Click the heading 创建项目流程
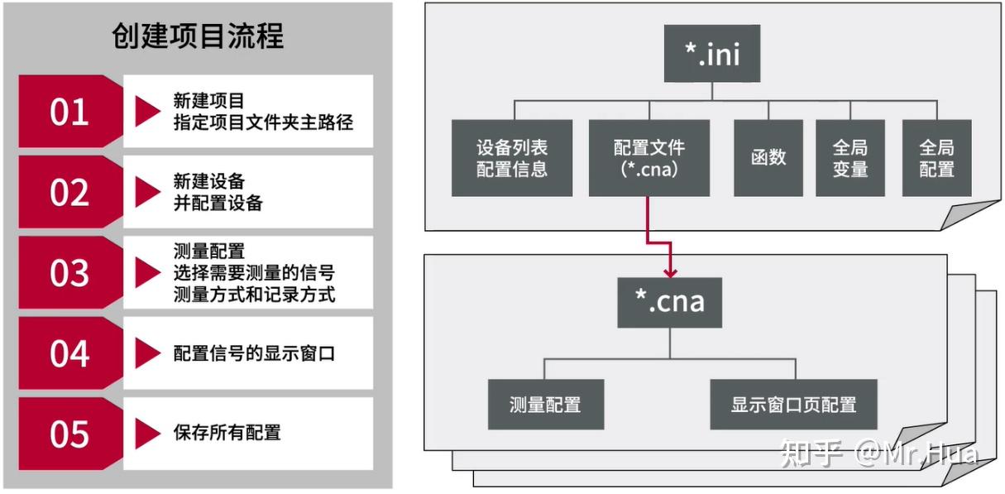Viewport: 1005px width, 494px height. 198,36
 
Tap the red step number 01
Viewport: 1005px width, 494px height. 69,112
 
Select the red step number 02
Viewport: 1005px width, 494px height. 69,192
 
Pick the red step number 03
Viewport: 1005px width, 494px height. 69,273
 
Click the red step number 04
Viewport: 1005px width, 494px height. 69,353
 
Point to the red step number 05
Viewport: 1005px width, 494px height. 69,434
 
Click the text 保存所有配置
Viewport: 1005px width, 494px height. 227,432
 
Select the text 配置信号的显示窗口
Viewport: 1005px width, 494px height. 254,353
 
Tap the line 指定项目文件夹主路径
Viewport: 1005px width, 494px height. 263,122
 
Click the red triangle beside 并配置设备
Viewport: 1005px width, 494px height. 146,192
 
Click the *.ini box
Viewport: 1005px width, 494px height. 711,54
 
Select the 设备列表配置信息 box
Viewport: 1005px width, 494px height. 512,158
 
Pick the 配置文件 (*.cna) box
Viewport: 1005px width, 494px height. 648,158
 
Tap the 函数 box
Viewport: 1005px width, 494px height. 768,158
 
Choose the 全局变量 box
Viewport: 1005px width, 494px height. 850,158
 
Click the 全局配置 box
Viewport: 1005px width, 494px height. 936,158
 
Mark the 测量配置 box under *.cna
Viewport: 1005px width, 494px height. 545,405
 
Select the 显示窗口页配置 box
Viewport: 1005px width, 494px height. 793,405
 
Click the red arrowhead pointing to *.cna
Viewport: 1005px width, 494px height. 670,271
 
